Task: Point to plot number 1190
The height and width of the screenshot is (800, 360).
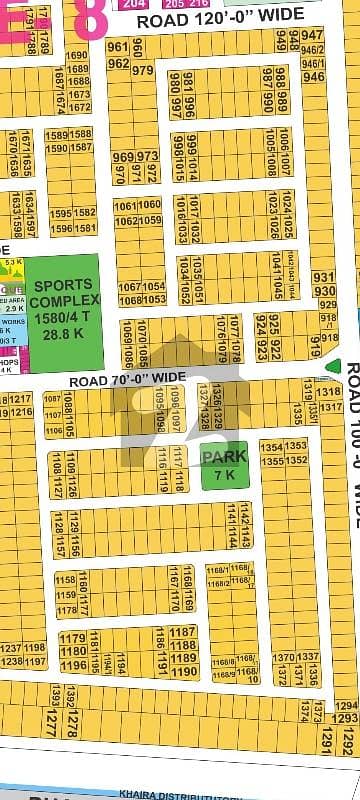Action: (183, 672)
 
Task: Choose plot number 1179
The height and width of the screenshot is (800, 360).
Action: (71, 638)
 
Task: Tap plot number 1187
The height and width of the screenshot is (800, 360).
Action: (183, 632)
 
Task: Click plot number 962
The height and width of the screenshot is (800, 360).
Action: (118, 64)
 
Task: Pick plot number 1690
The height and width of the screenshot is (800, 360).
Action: (77, 56)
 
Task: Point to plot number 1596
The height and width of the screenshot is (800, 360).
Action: (60, 228)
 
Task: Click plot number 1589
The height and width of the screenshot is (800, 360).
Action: (56, 135)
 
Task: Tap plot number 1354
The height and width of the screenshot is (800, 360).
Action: (271, 447)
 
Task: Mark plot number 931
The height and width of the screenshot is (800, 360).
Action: (324, 278)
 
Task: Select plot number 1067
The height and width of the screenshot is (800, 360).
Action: (129, 287)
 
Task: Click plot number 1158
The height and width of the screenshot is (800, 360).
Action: (66, 580)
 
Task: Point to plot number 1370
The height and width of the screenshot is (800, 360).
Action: (284, 657)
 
